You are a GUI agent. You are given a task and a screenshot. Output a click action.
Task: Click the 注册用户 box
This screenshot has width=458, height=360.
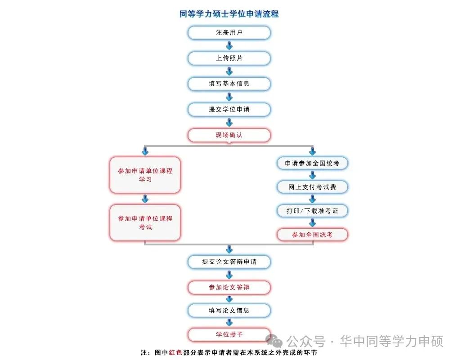229,33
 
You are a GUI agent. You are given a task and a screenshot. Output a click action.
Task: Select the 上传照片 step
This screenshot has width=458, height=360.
229,58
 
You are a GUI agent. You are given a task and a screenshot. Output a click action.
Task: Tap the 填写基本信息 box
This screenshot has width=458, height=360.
229,84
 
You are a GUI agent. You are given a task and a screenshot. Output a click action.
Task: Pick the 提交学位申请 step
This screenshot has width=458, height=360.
229,110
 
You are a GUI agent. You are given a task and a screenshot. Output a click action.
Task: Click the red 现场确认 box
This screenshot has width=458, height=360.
229,135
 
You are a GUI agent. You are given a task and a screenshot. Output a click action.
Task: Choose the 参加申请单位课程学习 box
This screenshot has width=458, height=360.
145,175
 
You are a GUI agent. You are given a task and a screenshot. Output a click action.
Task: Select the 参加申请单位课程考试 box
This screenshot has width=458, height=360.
145,223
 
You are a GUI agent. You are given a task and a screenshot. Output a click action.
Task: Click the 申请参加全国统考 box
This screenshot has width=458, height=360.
312,164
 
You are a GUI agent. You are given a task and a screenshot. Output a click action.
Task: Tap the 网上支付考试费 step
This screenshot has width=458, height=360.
312,187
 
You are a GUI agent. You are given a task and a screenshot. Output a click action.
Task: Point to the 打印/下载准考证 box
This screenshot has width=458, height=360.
312,211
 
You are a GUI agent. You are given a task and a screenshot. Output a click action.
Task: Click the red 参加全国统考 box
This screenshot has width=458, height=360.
312,235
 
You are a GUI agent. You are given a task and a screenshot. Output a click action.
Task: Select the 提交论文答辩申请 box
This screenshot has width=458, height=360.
229,262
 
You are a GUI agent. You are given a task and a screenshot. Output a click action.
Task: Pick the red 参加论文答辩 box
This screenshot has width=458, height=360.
229,288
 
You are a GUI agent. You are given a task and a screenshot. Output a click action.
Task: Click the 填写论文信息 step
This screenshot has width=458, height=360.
229,311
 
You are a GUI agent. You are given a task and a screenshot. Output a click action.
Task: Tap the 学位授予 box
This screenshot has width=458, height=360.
229,335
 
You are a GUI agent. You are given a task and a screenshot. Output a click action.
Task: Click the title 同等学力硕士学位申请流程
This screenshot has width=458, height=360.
229,14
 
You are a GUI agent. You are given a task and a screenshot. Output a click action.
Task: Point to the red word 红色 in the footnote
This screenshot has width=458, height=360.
175,353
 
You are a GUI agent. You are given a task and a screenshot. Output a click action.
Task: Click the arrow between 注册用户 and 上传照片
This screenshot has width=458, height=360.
229,46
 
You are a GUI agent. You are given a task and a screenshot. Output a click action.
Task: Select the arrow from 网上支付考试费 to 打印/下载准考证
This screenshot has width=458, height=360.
313,199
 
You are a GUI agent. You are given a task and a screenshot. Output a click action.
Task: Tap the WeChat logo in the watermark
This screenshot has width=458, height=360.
274,341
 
